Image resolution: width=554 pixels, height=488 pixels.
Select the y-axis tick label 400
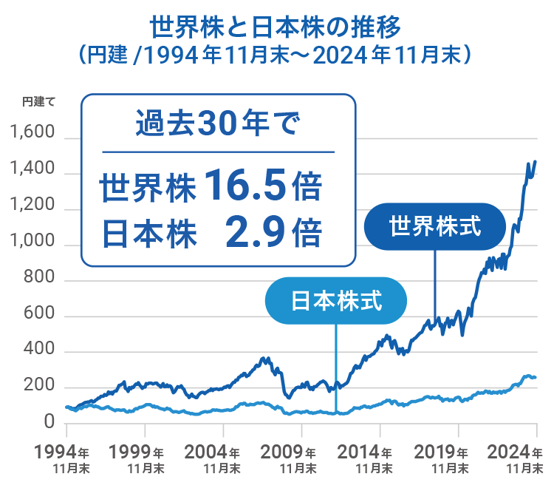click(40, 349)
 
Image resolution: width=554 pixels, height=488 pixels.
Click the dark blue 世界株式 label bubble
click(435, 226)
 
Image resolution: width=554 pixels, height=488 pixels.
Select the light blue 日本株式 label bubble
click(336, 301)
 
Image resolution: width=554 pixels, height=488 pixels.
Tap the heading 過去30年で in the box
click(217, 122)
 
